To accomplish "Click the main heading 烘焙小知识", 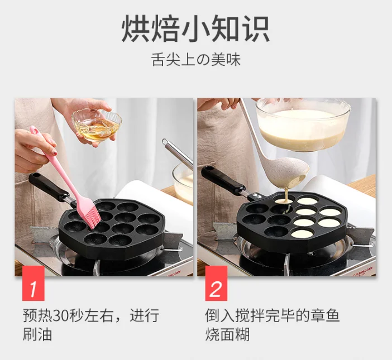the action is coord(196,28).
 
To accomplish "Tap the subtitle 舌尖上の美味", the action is coord(196,60).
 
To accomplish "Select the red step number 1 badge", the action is coord(34,283).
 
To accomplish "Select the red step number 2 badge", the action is coord(216,283).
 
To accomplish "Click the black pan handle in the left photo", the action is coord(49,186).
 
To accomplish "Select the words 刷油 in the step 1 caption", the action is coord(37,334).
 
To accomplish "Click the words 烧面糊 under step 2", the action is coord(227,334).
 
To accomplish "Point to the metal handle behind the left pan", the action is coord(176,152).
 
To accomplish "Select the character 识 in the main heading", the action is coord(256,28).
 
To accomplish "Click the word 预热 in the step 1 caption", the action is coord(37,315).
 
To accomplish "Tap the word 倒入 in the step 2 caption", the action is coord(220,315).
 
